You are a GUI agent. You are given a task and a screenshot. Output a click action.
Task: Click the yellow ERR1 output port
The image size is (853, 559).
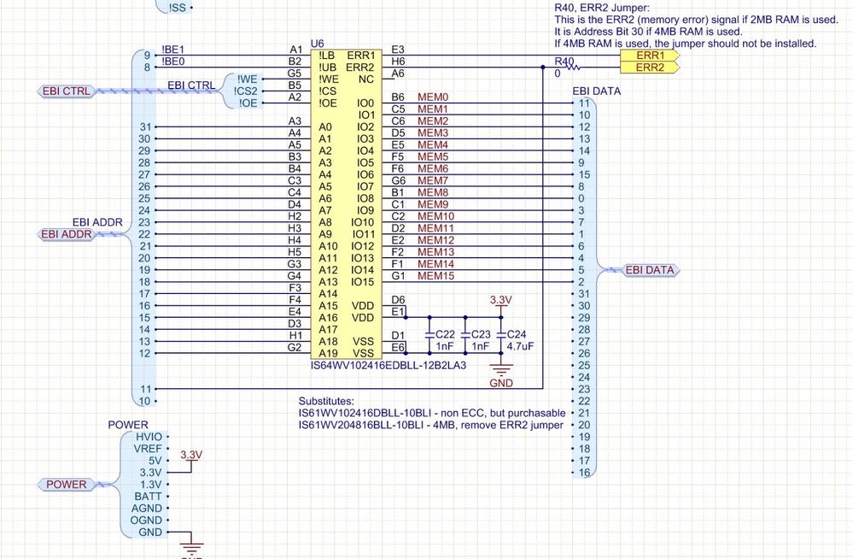[x=650, y=56]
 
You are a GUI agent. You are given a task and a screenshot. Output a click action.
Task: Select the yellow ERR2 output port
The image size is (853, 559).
[x=650, y=68]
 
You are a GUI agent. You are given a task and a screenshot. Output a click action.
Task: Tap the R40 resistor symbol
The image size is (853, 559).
[x=574, y=67]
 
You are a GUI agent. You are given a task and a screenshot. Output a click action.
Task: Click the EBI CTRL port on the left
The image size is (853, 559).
[x=67, y=91]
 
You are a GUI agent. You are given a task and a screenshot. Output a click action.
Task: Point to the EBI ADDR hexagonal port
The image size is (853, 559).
[x=67, y=234]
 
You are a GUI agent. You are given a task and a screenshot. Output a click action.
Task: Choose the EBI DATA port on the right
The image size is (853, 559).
[x=650, y=270]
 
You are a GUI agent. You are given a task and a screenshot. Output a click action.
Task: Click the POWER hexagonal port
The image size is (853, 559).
[x=67, y=485]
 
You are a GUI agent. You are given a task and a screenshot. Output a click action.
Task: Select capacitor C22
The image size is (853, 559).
[x=429, y=335]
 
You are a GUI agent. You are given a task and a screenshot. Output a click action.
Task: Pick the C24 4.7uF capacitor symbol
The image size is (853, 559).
[x=501, y=335]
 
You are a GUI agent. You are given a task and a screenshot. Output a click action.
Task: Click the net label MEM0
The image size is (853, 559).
[x=433, y=97]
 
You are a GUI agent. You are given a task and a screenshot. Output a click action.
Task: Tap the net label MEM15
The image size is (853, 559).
[x=435, y=276]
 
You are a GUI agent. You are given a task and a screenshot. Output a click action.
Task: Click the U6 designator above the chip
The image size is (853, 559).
[x=317, y=44]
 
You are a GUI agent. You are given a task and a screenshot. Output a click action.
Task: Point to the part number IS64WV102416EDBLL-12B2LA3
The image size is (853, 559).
[x=389, y=365]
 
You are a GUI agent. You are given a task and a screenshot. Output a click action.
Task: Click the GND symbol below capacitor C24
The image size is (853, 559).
[x=501, y=369]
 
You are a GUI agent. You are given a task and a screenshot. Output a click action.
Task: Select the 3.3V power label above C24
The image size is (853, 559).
[x=500, y=300]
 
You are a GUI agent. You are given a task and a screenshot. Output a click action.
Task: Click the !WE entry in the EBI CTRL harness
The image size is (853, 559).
[x=247, y=79]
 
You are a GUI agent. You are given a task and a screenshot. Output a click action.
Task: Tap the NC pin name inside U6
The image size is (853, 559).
[x=366, y=79]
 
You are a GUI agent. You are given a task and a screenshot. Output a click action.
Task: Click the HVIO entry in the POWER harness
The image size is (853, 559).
[x=149, y=437]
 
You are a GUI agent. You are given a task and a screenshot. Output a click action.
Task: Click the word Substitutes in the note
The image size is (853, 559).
[x=326, y=401]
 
